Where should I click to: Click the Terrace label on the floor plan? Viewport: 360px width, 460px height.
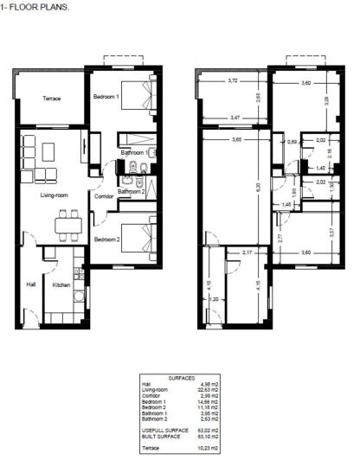click(52, 99)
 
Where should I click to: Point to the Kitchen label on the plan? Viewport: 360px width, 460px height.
click(61, 284)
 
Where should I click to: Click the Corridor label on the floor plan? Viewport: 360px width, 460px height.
click(105, 197)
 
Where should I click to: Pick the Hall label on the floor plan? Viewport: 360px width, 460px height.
click(30, 284)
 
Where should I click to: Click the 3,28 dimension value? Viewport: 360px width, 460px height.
click(327, 100)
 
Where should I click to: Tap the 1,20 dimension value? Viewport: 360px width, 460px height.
click(213, 299)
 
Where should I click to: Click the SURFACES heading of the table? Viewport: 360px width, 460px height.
click(180, 379)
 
